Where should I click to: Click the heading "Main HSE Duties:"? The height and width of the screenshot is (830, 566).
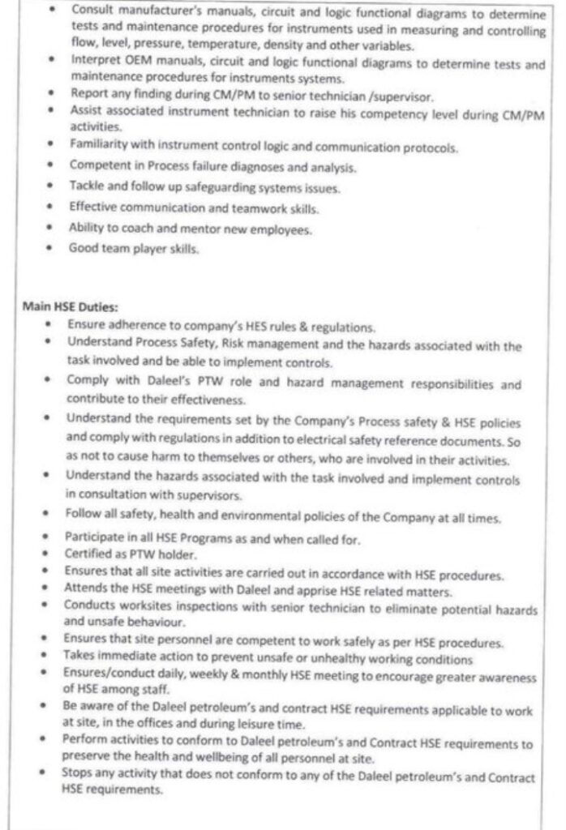(70, 309)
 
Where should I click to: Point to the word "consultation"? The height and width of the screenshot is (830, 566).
(111, 494)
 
